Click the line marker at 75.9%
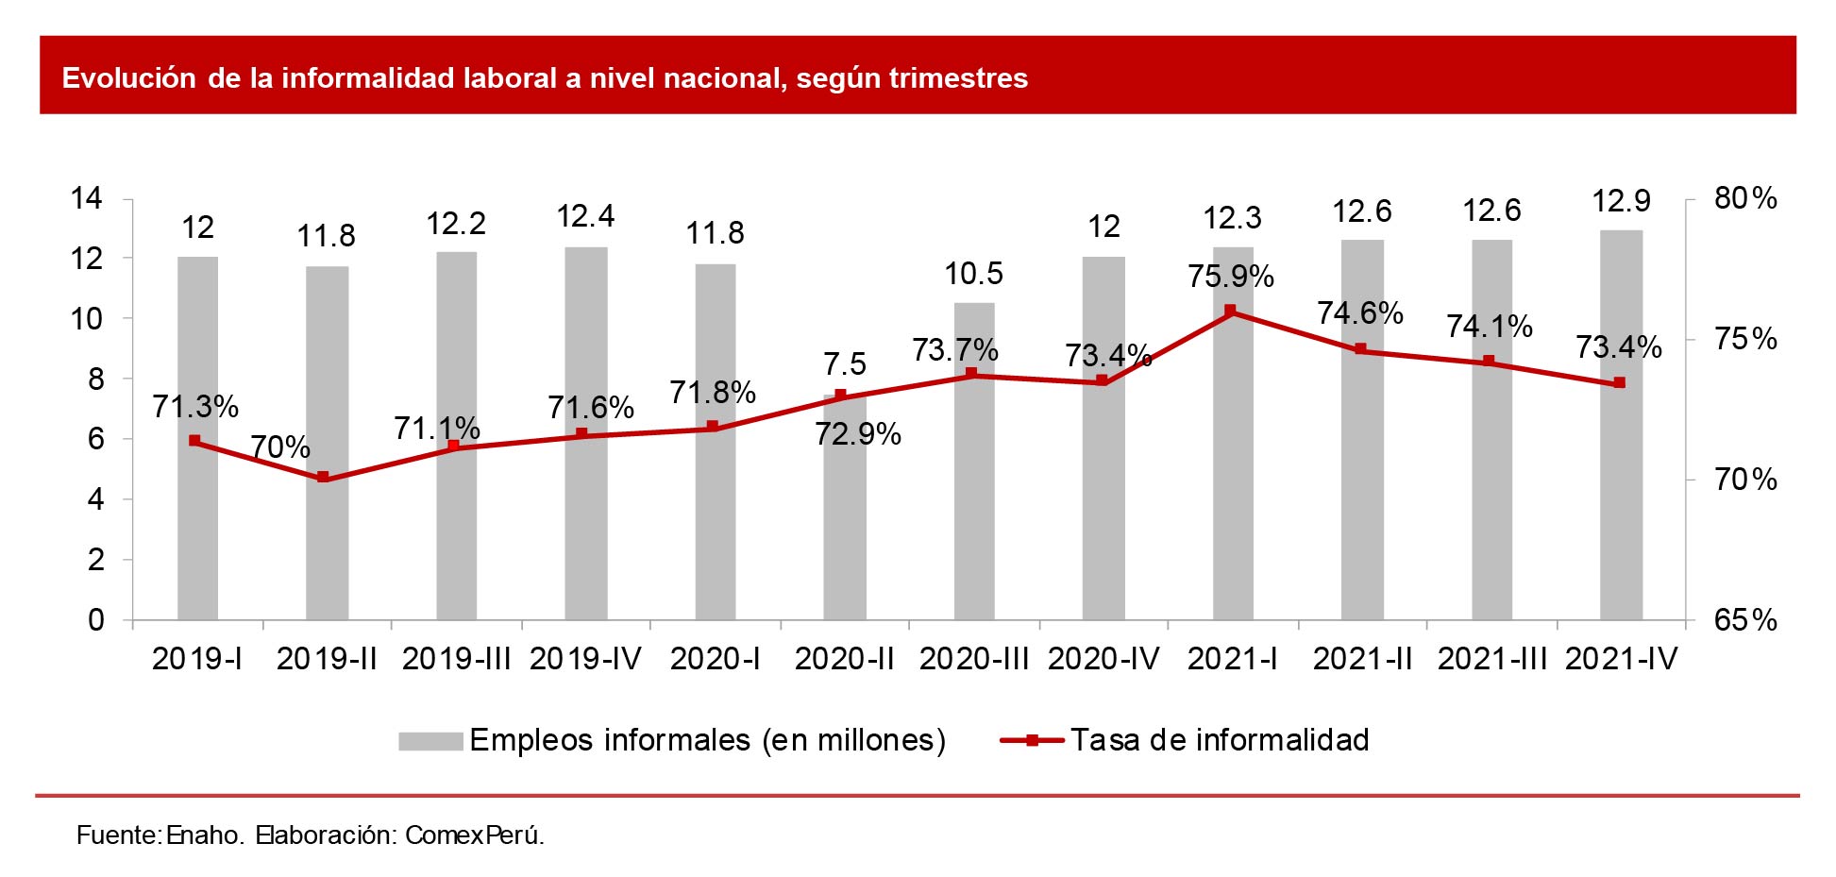click(x=1230, y=311)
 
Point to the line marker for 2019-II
click(x=323, y=478)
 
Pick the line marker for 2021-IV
click(x=1619, y=383)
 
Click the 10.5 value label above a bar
click(x=973, y=274)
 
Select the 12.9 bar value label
click(x=1621, y=201)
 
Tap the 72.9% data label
click(x=857, y=434)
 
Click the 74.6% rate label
click(x=1359, y=312)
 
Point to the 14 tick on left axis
click(x=87, y=198)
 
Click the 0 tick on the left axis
click(x=95, y=620)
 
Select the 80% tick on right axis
click(x=1744, y=198)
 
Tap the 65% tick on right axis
click(x=1744, y=620)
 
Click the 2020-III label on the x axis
click(x=973, y=659)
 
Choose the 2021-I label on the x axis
click(x=1232, y=659)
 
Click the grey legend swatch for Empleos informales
click(x=430, y=741)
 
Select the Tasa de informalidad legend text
click(x=1219, y=740)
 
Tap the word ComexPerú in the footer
click(x=474, y=835)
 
